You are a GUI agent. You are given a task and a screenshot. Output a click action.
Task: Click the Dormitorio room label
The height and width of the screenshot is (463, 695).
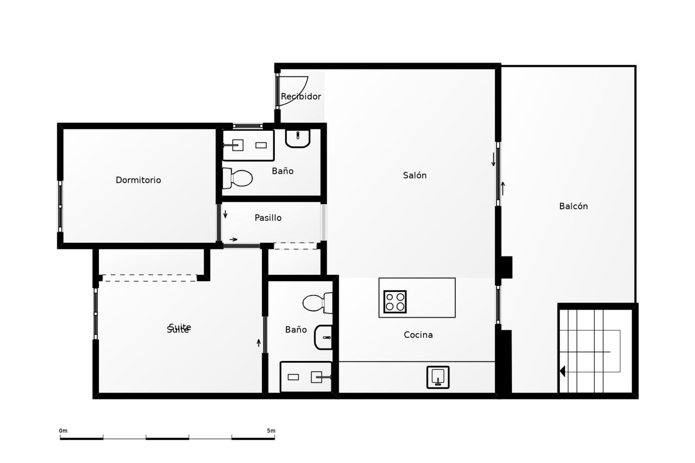pos(138,180)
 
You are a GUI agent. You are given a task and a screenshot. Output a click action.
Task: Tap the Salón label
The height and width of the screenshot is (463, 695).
pos(415,175)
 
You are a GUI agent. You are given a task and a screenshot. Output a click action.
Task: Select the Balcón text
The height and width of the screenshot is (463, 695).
pos(573,206)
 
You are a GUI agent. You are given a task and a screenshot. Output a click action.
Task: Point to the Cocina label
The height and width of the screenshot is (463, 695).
pos(418,335)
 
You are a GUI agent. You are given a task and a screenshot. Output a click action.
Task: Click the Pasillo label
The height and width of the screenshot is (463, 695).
pos(268,218)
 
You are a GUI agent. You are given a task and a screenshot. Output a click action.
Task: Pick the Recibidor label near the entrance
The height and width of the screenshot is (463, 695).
pos(301,97)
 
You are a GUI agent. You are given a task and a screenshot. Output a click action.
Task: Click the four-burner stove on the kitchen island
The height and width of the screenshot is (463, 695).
pos(395,302)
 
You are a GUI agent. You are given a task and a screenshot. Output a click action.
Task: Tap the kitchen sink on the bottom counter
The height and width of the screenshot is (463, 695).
pos(438,377)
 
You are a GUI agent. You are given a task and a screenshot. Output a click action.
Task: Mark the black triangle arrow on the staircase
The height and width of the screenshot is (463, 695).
pos(562,371)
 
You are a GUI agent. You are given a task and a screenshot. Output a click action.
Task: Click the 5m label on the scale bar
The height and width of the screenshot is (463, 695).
pos(271,431)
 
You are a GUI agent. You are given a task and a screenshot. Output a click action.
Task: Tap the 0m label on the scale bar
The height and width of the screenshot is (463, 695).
pos(63,431)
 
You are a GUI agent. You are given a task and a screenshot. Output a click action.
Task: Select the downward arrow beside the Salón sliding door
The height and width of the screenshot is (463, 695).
pos(493,160)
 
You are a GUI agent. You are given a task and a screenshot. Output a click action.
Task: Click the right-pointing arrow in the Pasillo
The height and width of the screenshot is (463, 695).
pos(233,239)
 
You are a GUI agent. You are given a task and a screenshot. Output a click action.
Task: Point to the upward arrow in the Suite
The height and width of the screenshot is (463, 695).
pos(258,343)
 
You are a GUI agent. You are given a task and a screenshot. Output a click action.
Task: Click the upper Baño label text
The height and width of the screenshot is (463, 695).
pos(282,171)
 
